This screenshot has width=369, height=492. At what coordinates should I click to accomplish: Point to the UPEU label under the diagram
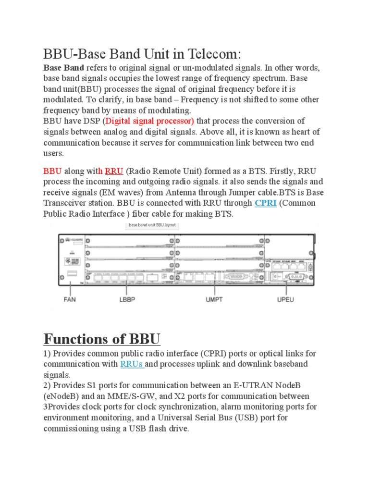286,299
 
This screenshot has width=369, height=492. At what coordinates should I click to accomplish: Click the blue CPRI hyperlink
265,203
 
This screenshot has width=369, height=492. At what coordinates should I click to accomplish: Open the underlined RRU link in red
114,171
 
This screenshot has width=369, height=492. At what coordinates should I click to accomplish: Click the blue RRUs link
132,364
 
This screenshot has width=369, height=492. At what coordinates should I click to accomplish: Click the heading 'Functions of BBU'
101,339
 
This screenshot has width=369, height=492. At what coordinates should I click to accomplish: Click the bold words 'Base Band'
64,67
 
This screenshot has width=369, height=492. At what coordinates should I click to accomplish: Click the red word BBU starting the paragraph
53,171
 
